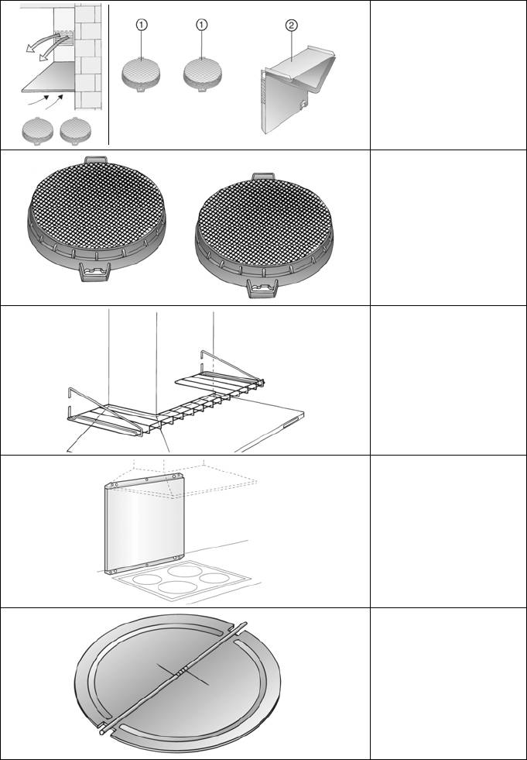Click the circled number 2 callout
coord(291,26)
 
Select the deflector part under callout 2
coord(297,90)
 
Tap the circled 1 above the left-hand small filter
coord(142,26)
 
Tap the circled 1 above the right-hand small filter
coord(202,26)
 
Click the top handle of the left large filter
coord(95,160)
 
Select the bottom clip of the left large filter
coord(95,272)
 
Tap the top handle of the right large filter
coord(263,177)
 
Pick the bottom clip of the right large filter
coord(262,289)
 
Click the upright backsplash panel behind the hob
coord(145,524)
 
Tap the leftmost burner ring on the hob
coord(147,579)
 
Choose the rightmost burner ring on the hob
coord(214,578)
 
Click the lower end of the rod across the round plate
coord(103,731)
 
